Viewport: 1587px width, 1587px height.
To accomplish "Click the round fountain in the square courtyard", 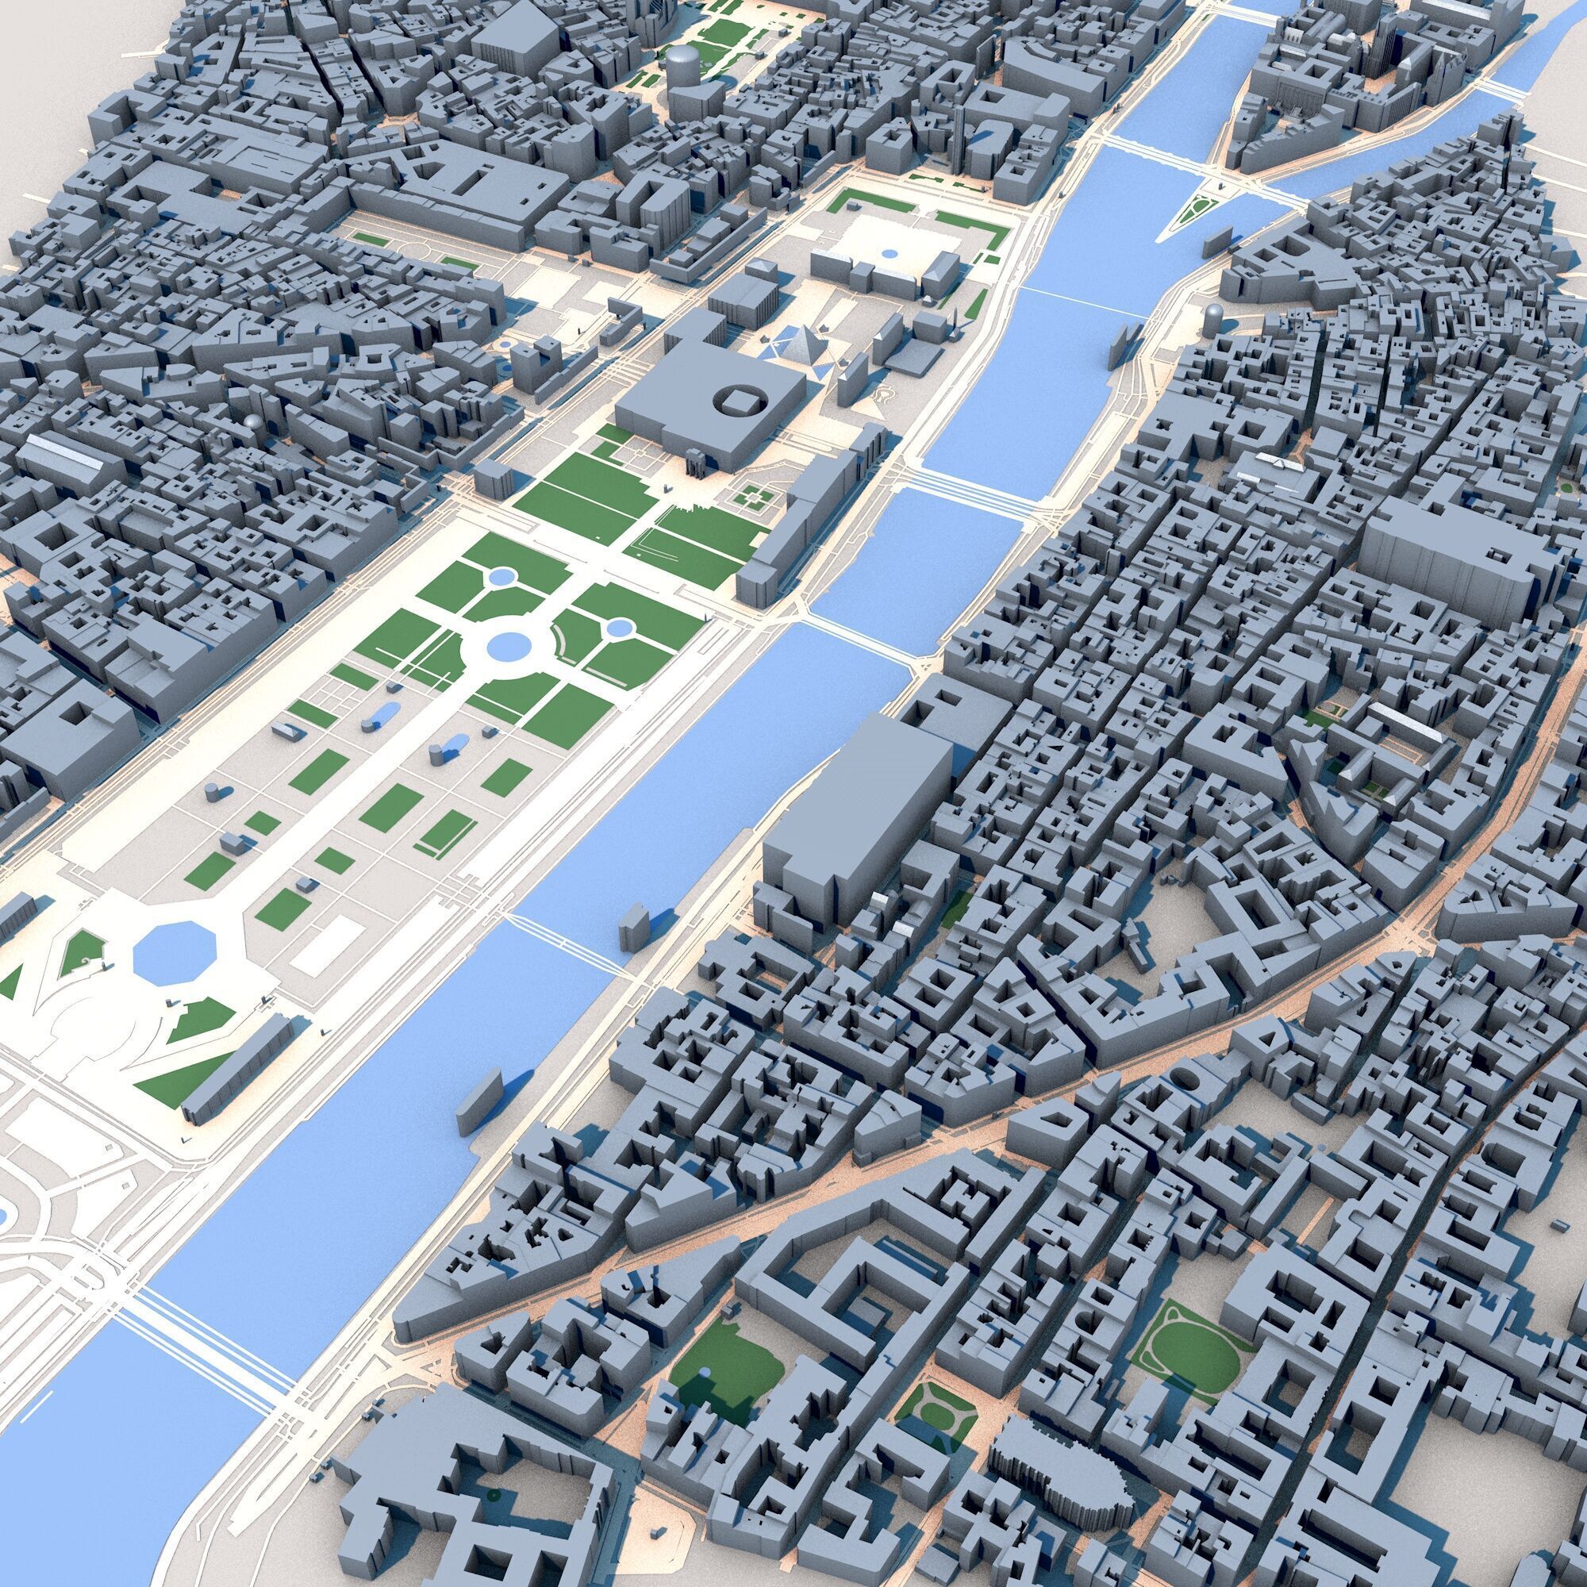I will [889, 254].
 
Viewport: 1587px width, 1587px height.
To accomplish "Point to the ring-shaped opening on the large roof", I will [744, 402].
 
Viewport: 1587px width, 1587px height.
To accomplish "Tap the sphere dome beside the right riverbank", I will [1212, 313].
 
